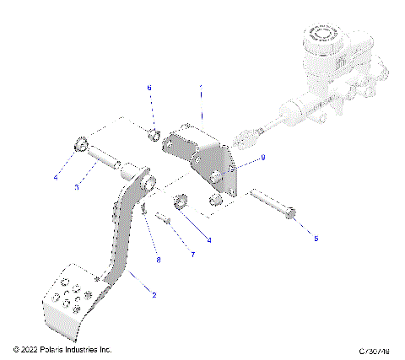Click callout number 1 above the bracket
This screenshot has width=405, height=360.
tap(201, 88)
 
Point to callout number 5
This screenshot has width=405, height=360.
tap(316, 239)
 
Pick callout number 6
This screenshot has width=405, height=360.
tap(149, 88)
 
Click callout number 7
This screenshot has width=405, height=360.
tap(192, 254)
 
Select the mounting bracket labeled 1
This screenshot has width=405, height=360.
tap(207, 164)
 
